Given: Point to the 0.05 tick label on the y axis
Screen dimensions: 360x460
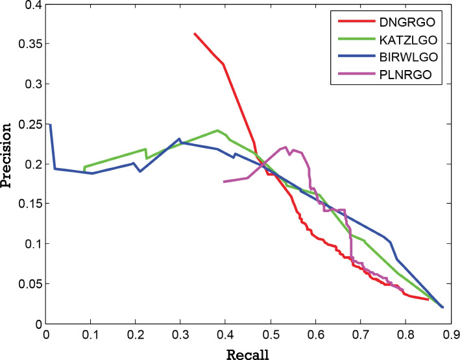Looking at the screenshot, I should (x=28, y=284).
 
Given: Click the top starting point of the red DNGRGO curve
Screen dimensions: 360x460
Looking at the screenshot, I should (x=195, y=34).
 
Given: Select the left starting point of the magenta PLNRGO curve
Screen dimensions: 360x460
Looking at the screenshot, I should (x=224, y=182).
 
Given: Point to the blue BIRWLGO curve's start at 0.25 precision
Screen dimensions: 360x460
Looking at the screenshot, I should (x=50, y=125).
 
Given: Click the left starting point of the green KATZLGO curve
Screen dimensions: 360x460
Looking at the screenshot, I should (x=84, y=168).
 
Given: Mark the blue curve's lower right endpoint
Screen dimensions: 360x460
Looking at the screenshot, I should (x=442, y=307).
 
